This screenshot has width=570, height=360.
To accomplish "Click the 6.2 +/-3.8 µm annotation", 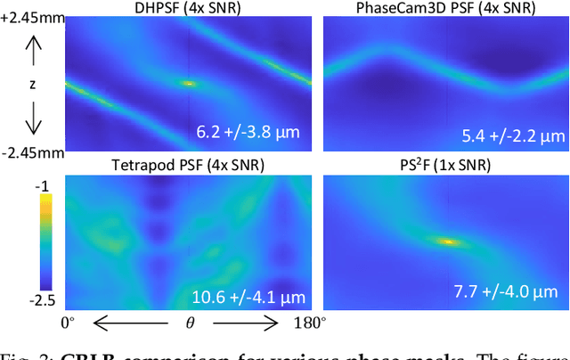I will (248, 134).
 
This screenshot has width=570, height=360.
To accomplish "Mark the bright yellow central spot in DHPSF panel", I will (187, 83).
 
